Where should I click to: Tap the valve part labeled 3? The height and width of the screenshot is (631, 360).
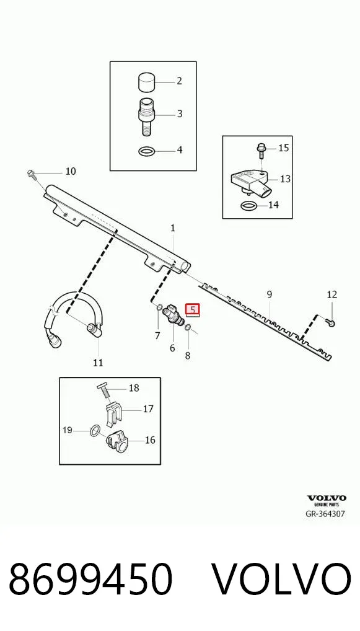(146, 115)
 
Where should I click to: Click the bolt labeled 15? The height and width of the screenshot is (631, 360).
(260, 151)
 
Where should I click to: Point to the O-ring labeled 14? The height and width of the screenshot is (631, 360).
(249, 206)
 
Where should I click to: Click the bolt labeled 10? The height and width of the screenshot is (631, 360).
(32, 174)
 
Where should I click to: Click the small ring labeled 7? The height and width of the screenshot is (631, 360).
(159, 308)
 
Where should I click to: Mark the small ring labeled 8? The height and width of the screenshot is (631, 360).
(188, 329)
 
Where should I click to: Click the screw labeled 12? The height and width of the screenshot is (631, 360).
(331, 322)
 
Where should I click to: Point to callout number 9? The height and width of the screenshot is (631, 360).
(269, 294)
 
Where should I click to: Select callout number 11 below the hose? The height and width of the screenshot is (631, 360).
(98, 363)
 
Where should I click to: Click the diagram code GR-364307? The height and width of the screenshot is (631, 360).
(325, 514)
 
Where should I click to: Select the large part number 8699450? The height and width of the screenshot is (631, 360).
(90, 579)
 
